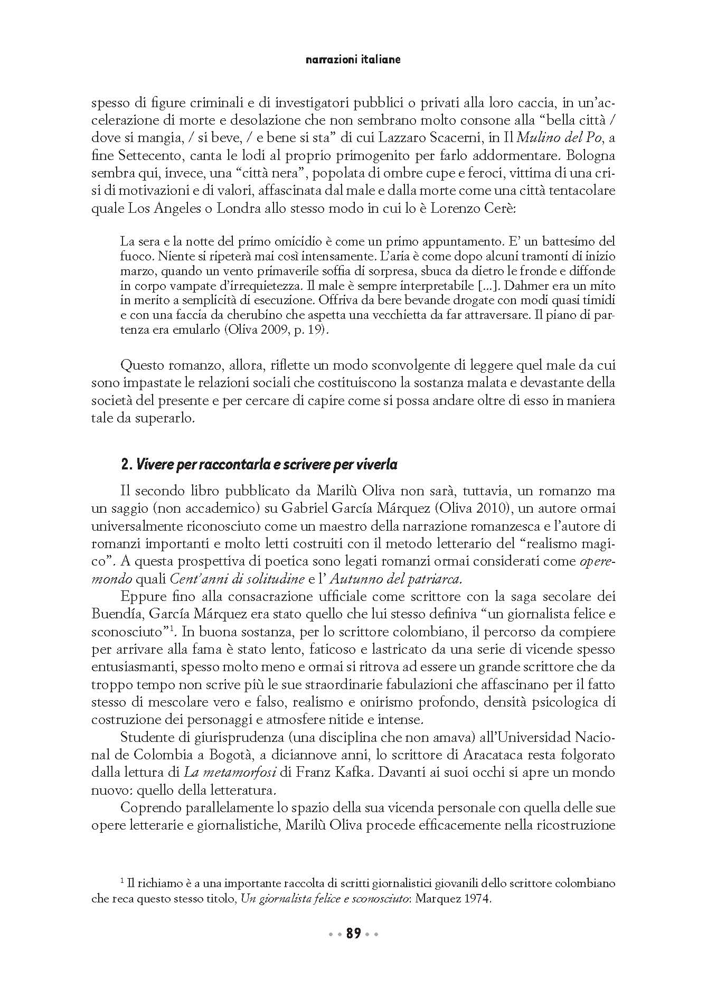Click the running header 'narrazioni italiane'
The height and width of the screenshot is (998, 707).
coord(353,60)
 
